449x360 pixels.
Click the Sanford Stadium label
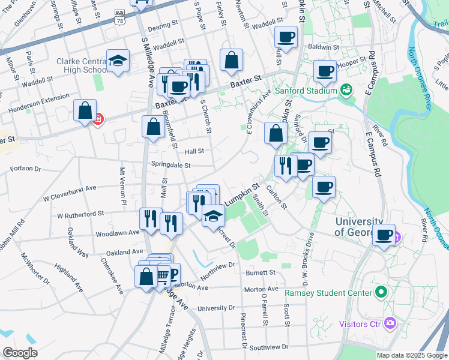pyautogui.click(x=305, y=91)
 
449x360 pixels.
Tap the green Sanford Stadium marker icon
pyautogui.click(x=346, y=91)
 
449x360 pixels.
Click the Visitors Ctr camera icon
pyautogui.click(x=391, y=323)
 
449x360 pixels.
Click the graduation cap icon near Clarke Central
pyautogui.click(x=118, y=60)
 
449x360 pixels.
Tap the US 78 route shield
pyautogui.click(x=119, y=20)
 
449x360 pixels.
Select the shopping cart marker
pyautogui.click(x=163, y=275)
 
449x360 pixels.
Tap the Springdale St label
pyautogui.click(x=170, y=165)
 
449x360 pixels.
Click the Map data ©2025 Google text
pyautogui.click(x=412, y=355)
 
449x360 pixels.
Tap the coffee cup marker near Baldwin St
pyautogui.click(x=286, y=37)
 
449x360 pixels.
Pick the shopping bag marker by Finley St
pyautogui.click(x=231, y=60)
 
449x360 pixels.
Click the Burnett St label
pyautogui.click(x=260, y=272)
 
